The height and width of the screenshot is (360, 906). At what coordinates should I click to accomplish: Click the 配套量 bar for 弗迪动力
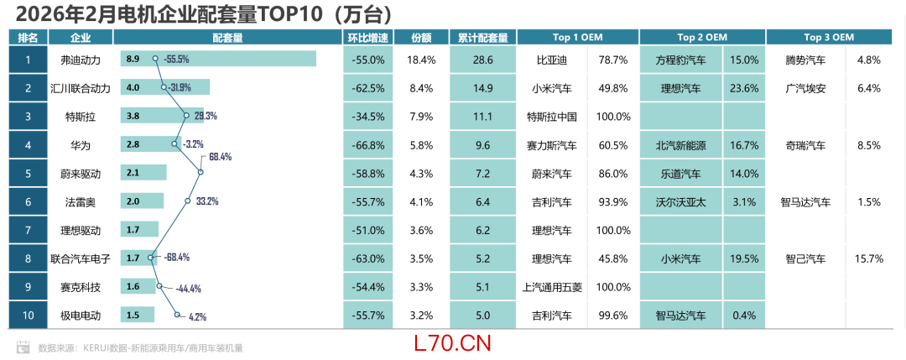click(x=218, y=59)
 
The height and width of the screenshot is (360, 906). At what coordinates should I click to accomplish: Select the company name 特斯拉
click(x=81, y=116)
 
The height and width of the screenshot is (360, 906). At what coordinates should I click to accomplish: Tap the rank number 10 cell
click(x=29, y=316)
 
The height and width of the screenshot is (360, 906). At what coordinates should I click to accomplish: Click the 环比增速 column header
click(x=367, y=38)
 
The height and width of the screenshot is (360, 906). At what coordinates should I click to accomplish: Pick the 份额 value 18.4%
click(x=421, y=60)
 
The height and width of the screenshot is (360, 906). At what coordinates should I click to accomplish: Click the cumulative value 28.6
click(x=482, y=60)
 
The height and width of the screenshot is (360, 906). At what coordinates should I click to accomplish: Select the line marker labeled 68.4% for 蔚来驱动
click(x=200, y=172)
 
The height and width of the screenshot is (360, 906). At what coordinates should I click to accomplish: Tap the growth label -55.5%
click(x=176, y=60)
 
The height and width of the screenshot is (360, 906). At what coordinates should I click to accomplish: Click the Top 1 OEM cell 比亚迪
click(x=552, y=60)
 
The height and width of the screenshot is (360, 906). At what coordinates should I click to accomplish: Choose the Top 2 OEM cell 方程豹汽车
click(x=680, y=60)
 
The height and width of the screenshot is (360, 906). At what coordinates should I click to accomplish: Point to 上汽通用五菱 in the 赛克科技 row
click(x=552, y=287)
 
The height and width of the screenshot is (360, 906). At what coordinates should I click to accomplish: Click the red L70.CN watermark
click(x=452, y=342)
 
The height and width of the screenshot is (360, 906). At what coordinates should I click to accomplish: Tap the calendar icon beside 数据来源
click(x=23, y=347)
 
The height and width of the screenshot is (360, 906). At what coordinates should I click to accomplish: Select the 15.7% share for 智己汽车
click(x=868, y=258)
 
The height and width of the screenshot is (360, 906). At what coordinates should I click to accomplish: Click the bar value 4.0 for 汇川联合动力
click(x=133, y=87)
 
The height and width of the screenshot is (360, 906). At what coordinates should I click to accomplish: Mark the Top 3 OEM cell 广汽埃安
click(x=805, y=87)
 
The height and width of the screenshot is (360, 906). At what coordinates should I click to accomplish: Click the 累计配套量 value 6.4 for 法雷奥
click(x=482, y=201)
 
